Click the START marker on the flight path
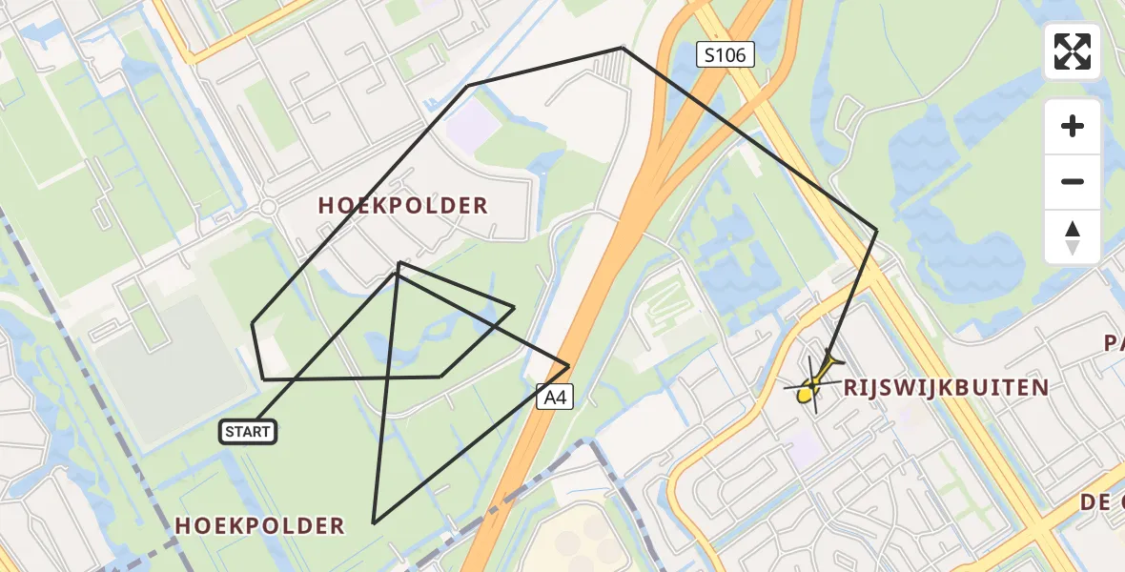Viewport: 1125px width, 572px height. pyautogui.click(x=248, y=432)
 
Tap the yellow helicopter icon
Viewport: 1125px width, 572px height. pyautogui.click(x=813, y=384)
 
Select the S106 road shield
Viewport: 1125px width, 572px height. pyautogui.click(x=725, y=55)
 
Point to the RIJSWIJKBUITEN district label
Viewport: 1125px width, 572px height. pyautogui.click(x=946, y=388)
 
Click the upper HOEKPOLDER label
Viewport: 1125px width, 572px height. pyautogui.click(x=402, y=205)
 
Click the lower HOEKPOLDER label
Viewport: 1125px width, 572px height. pyautogui.click(x=259, y=525)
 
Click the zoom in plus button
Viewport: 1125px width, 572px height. pyautogui.click(x=1073, y=126)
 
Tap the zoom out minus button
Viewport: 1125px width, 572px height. pyautogui.click(x=1073, y=181)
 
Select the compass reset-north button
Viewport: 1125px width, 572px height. pyautogui.click(x=1073, y=236)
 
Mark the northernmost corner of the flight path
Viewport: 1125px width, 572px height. pyautogui.click(x=622, y=47)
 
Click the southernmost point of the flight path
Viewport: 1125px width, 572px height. pyautogui.click(x=374, y=523)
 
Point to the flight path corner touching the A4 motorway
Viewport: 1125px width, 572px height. pyautogui.click(x=569, y=365)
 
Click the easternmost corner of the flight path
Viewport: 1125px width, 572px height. pyautogui.click(x=876, y=230)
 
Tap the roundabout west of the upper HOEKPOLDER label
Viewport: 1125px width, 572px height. pyautogui.click(x=268, y=207)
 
